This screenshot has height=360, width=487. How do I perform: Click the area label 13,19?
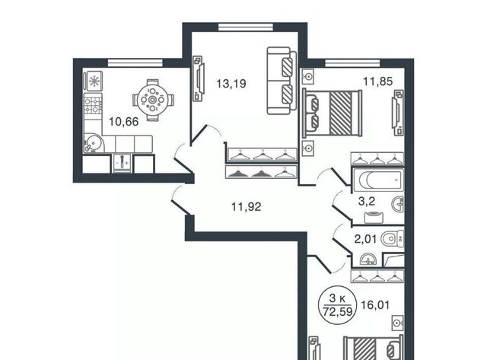tap(231, 84)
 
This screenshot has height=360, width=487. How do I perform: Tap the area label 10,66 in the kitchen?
tap(123, 122)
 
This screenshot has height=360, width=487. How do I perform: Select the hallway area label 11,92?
tap(247, 206)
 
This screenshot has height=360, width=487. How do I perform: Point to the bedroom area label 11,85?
tap(378, 81)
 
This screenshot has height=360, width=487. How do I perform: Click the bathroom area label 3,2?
tap(367, 201)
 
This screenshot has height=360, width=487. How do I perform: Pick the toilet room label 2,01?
tap(365, 239)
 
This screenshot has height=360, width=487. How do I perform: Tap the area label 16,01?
tap(375, 305)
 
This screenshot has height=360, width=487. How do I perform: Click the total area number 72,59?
tap(338, 311)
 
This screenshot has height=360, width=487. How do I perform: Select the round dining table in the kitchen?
tap(152, 100)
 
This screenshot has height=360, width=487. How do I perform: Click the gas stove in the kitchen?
tap(93, 105)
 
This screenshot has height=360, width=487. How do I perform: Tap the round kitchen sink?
tap(93, 143)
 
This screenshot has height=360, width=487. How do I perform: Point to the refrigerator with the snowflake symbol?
tap(93, 81)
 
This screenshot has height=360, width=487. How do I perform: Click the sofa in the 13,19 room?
tap(281, 81)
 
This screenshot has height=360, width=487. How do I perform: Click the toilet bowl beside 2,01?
tap(392, 238)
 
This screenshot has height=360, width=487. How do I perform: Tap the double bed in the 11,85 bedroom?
tap(333, 113)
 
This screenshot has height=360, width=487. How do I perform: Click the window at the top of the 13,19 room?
tap(245, 27)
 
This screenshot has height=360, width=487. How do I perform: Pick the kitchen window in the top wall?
tap(135, 63)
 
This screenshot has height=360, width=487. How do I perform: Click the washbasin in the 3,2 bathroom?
tap(398, 205)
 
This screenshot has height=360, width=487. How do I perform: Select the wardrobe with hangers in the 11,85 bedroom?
tap(377, 158)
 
